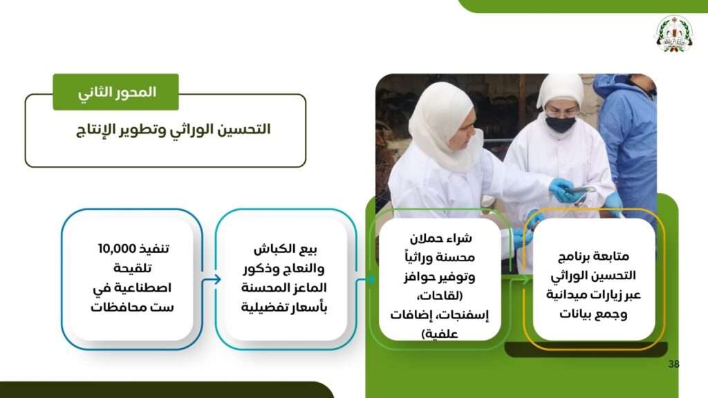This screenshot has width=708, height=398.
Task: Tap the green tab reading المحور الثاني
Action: pos(115,92)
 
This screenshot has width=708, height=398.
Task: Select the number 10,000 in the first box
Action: pos(117,249)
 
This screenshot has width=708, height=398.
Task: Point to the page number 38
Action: pos(673,363)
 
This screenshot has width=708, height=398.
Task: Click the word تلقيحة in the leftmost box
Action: pos(132,269)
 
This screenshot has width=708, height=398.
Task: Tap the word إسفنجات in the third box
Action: pos(464,315)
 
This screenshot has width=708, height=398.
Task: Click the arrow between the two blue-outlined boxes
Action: pos(212,280)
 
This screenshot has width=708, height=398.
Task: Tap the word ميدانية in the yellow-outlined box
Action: pos(566,295)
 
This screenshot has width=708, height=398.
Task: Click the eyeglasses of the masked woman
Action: pos(560,112)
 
